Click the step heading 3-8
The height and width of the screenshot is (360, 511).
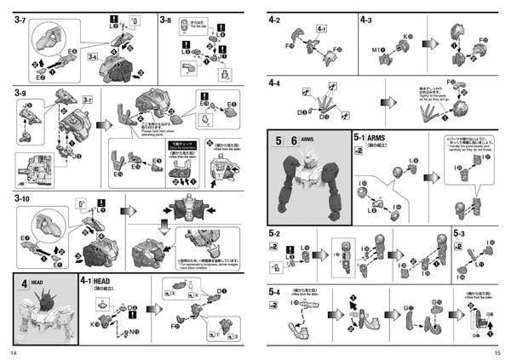click(166, 20)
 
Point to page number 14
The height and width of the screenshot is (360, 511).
click(13, 351)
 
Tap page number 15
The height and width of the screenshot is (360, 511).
click(497, 351)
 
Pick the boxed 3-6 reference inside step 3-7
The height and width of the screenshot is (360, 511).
click(92, 56)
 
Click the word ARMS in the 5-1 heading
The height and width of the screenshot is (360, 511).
click(382, 137)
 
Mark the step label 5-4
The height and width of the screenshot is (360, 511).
click(274, 292)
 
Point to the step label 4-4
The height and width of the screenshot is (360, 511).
click(274, 83)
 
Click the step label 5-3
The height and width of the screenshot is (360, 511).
click(459, 232)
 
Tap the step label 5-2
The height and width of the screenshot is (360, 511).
click(274, 232)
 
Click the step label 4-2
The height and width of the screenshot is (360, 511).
click(274, 19)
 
